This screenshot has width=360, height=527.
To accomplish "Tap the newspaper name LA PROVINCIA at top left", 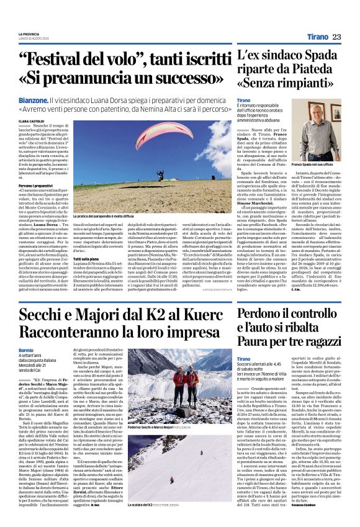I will pyautogui.click(x=29, y=34).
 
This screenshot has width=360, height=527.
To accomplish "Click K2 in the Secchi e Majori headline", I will pyautogui.click(x=151, y=315).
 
